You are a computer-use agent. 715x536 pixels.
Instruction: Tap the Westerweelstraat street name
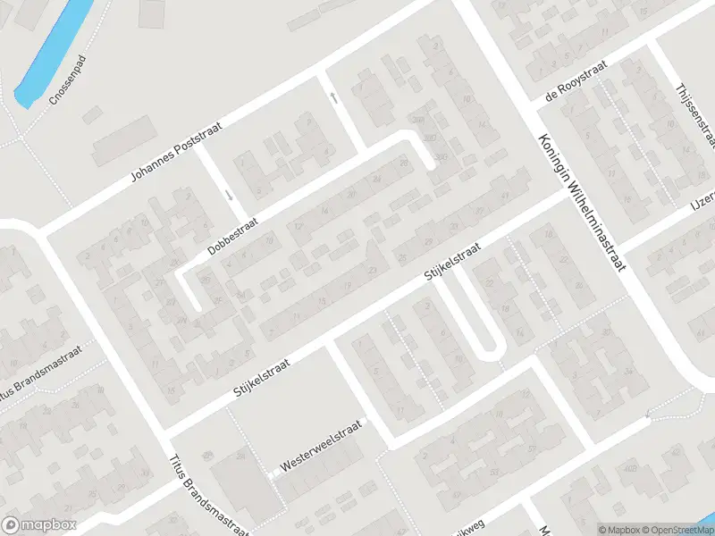point(319,446)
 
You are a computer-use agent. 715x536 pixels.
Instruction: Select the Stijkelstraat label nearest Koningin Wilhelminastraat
point(452,264)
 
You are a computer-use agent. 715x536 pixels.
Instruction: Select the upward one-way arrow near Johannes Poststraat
point(333,97)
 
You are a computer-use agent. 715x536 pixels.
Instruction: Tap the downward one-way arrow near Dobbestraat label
point(230,194)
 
